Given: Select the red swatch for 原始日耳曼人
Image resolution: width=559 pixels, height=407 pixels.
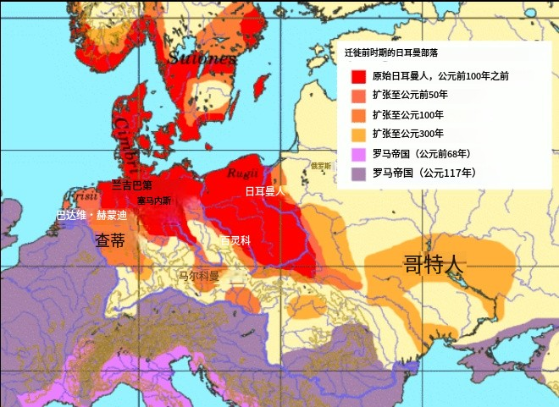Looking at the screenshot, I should [x=359, y=75].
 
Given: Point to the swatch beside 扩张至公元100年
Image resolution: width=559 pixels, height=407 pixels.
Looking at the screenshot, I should [x=359, y=114].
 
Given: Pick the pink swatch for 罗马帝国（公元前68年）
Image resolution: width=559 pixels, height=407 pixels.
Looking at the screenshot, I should [x=359, y=153].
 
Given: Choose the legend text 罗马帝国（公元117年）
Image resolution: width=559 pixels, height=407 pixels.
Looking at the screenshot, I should [x=421, y=173].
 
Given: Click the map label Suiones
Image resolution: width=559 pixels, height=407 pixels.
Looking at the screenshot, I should [x=202, y=58].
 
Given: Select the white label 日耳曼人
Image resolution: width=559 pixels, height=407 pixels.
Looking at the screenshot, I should [x=265, y=192].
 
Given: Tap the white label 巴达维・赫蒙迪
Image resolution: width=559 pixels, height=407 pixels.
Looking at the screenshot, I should [x=91, y=216].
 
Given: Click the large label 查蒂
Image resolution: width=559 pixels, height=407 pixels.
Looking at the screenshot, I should [x=111, y=240].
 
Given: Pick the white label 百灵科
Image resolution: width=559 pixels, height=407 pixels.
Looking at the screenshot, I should [x=235, y=240].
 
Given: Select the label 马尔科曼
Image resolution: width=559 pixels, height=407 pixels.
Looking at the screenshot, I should [x=198, y=276].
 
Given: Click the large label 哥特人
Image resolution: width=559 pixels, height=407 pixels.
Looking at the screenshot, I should [x=434, y=264].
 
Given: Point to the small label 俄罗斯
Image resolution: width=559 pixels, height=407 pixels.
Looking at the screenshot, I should [x=321, y=167].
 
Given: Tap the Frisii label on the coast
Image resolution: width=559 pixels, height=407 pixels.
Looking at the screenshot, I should [x=83, y=197].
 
